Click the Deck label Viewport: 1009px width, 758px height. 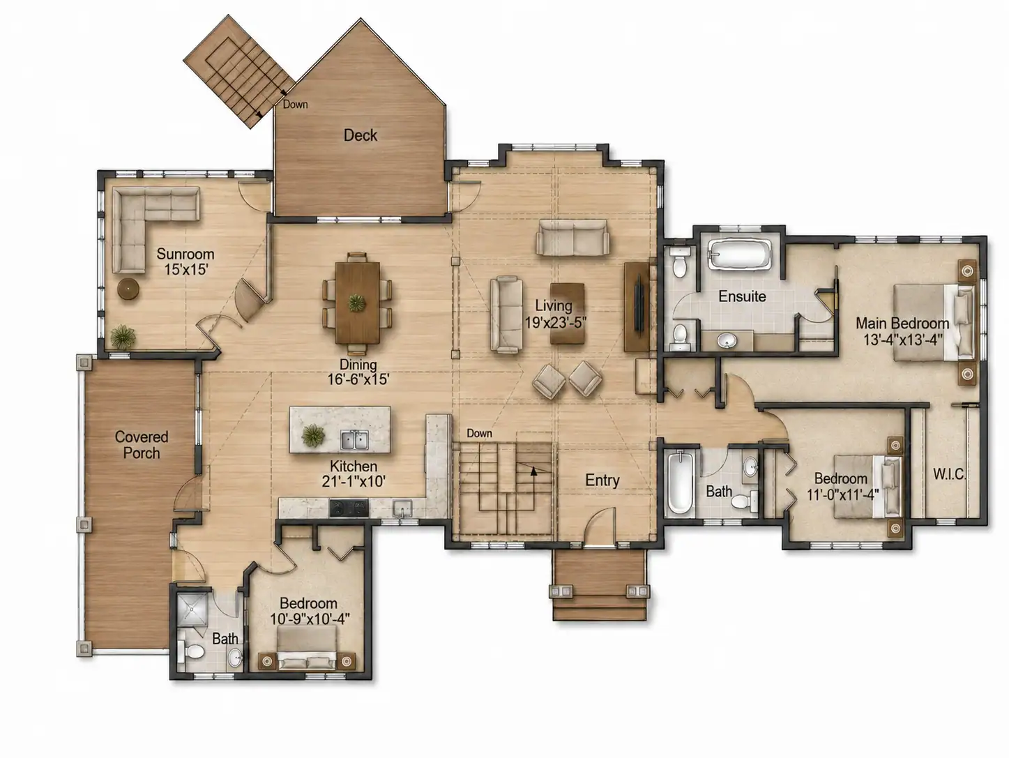point(361,135)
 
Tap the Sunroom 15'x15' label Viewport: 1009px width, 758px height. point(185,261)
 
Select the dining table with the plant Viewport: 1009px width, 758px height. point(358,303)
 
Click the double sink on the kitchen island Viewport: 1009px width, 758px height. point(354,440)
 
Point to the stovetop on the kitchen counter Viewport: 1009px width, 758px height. point(349,508)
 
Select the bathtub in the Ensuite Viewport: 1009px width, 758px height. point(739,254)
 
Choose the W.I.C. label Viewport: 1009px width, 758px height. point(949,474)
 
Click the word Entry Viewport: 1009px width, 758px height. point(602,480)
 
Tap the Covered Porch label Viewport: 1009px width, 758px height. point(142,444)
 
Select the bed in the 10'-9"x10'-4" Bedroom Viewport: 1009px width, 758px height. point(307,647)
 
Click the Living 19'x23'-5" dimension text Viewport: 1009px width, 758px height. point(555,323)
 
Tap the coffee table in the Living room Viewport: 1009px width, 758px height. point(567,314)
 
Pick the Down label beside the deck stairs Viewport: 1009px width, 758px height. point(295,105)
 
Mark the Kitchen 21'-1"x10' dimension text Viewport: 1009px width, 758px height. point(354,481)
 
